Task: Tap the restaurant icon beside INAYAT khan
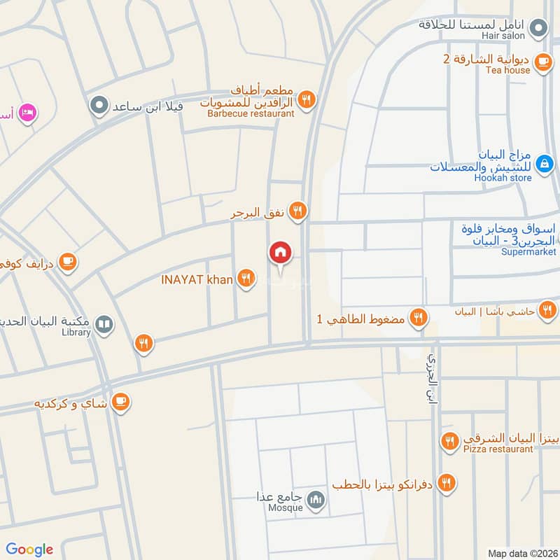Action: pyautogui.click(x=245, y=279)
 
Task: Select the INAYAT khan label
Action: pyautogui.click(x=197, y=279)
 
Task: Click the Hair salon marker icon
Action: pyautogui.click(x=538, y=28)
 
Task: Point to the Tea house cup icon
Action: pyautogui.click(x=542, y=62)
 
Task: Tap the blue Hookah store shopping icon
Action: pyautogui.click(x=543, y=164)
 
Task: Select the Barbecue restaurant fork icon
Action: pyautogui.click(x=306, y=100)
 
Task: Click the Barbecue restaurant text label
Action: pyautogui.click(x=251, y=113)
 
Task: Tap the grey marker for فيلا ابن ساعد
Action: pyautogui.click(x=99, y=106)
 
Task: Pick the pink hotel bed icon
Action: pyautogui.click(x=27, y=112)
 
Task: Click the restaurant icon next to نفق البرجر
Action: pyautogui.click(x=297, y=211)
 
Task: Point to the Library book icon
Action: pyautogui.click(x=104, y=325)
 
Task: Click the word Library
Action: pyautogui.click(x=76, y=332)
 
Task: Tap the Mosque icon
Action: pyautogui.click(x=316, y=499)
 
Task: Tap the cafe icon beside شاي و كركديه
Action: pyautogui.click(x=121, y=402)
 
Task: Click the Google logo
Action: pyautogui.click(x=29, y=549)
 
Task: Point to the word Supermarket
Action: pyautogui.click(x=528, y=252)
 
